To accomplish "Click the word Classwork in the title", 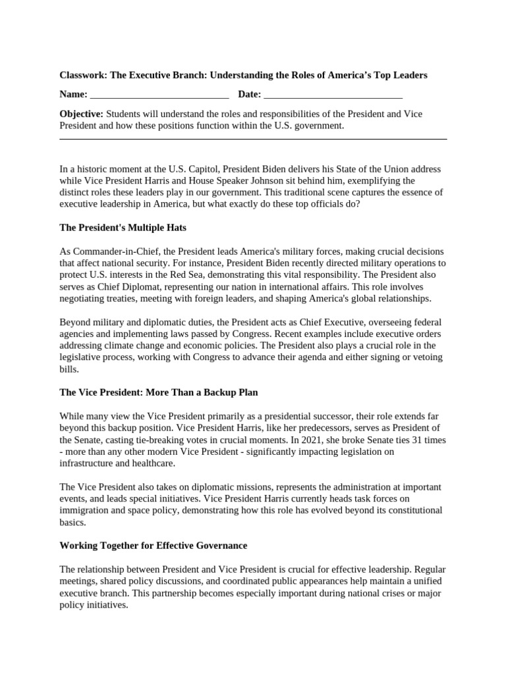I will [82, 75].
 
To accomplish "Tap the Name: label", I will [73, 95].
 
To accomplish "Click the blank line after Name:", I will [159, 95].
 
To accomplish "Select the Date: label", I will [249, 95].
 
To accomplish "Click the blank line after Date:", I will [333, 95].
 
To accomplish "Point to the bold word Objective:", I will [81, 114].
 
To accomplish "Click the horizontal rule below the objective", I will [253, 139].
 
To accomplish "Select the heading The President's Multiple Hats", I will [123, 228].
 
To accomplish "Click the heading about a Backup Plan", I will [158, 392].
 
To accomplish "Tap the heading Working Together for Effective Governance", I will [153, 546].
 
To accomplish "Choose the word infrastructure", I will [88, 463].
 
